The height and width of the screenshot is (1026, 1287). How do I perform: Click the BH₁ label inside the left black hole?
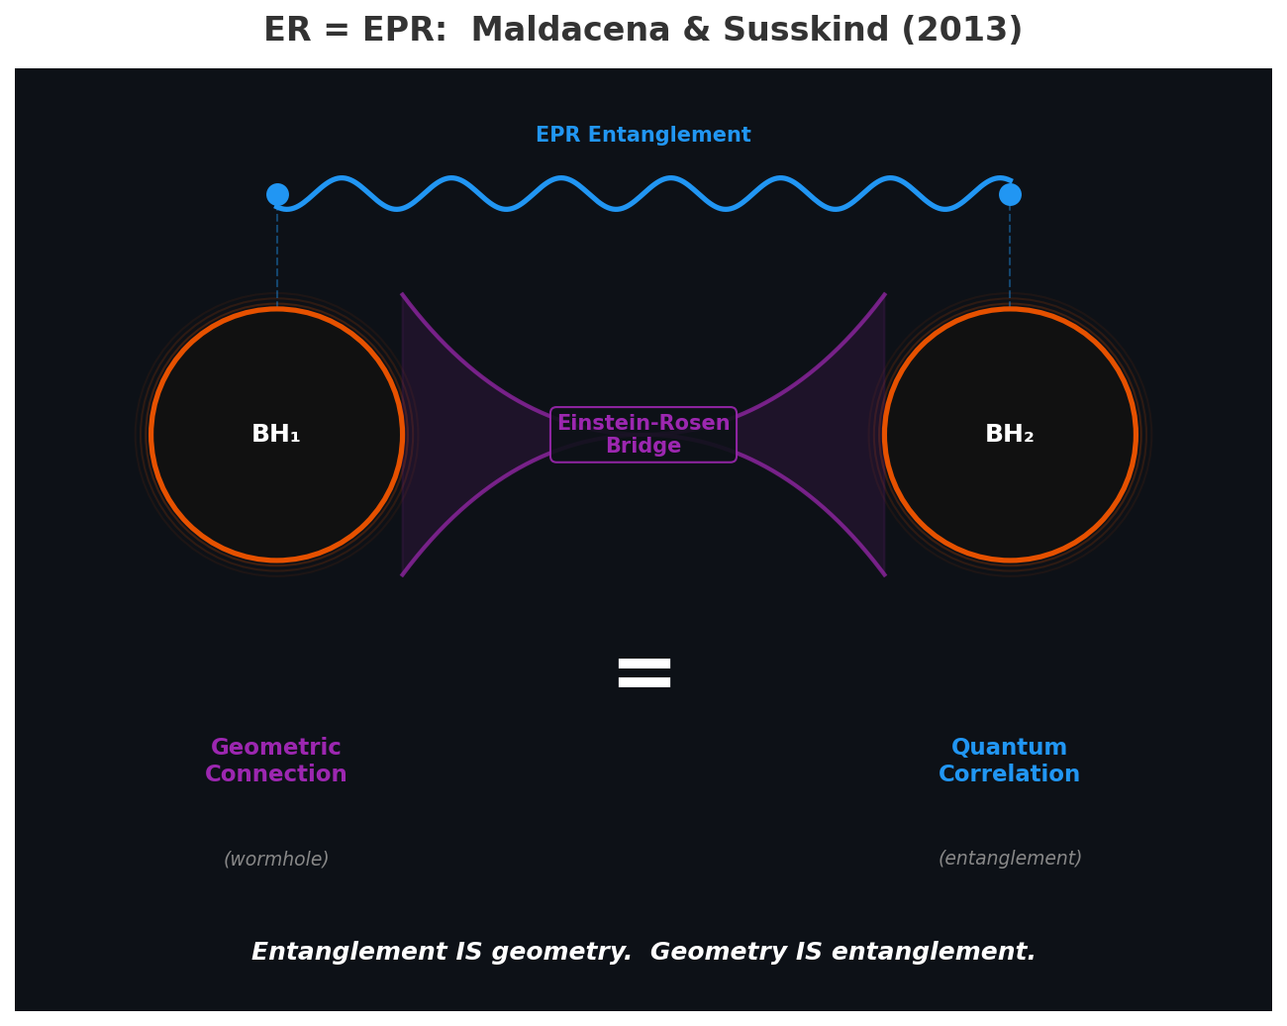click(x=276, y=435)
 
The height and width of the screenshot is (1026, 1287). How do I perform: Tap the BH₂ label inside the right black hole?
click(x=1010, y=435)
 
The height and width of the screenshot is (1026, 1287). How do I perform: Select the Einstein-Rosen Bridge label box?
click(x=643, y=435)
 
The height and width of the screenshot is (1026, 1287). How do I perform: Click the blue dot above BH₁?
click(x=277, y=194)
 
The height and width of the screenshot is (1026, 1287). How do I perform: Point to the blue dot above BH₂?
click(x=1010, y=194)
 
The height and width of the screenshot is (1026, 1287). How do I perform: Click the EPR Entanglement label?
click(x=643, y=136)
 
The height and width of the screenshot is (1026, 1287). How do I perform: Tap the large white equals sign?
click(x=644, y=673)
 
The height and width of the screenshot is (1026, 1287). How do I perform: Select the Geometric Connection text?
click(x=276, y=761)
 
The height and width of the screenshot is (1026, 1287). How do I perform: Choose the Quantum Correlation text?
click(x=1010, y=761)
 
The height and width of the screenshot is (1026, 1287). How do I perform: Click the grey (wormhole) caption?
click(x=276, y=860)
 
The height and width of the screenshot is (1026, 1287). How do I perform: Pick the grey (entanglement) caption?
click(x=1010, y=859)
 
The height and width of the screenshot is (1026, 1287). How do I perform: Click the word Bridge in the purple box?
click(x=643, y=447)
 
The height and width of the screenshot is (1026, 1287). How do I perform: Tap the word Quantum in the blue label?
click(x=1010, y=748)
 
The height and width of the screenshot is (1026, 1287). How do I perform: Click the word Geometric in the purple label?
click(x=276, y=748)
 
